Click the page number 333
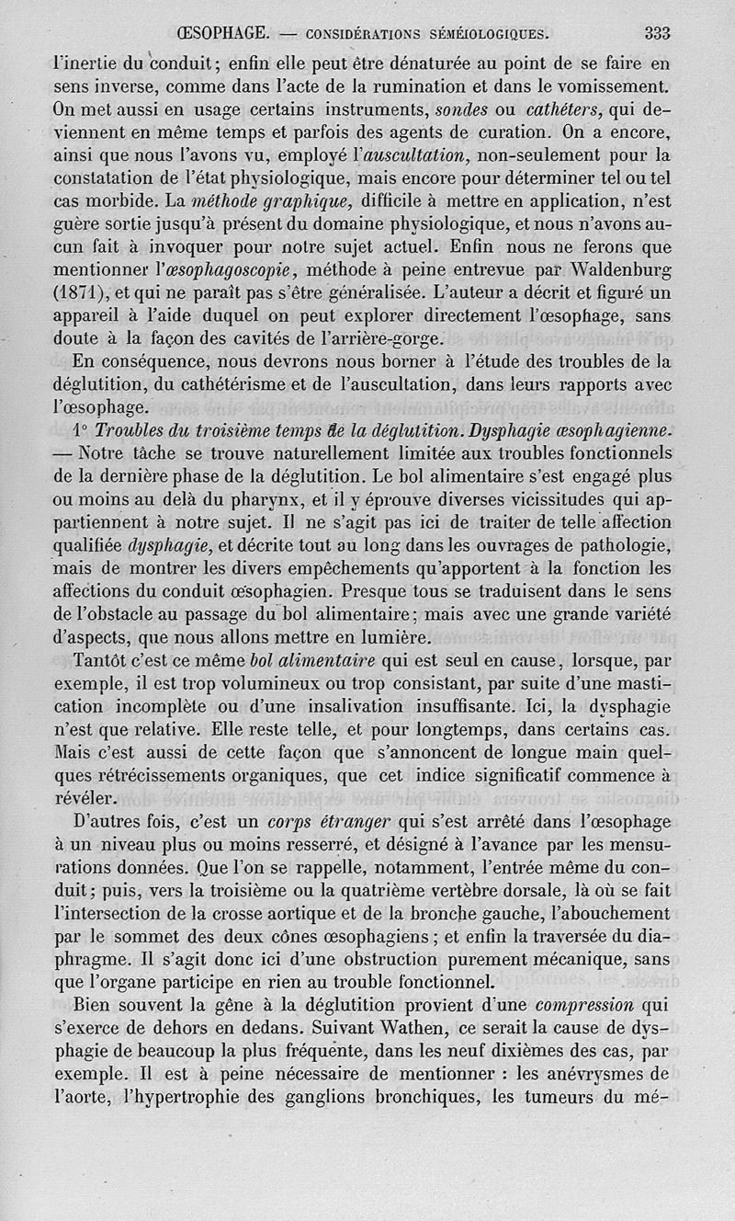(x=657, y=34)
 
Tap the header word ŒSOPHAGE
(x=221, y=34)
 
